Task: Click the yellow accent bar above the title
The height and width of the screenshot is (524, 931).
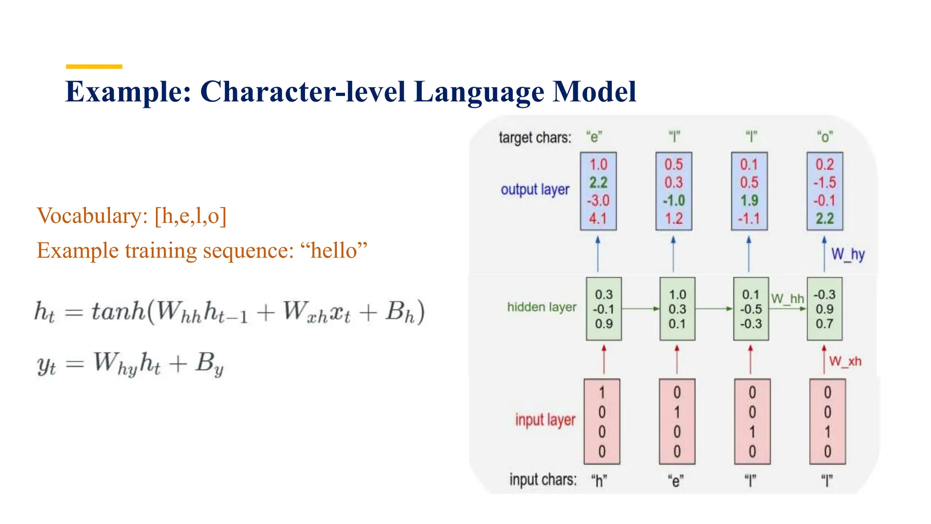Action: pyautogui.click(x=94, y=67)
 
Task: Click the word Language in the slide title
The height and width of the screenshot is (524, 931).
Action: pyautogui.click(x=479, y=92)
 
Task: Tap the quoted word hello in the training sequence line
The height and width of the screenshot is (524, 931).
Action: pyautogui.click(x=334, y=251)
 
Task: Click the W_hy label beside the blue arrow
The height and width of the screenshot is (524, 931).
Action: pyautogui.click(x=848, y=254)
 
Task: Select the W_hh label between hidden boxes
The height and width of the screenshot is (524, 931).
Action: pyautogui.click(x=787, y=299)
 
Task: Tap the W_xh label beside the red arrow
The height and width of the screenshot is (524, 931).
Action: pyautogui.click(x=845, y=362)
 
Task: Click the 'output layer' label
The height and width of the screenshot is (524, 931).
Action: pyautogui.click(x=535, y=190)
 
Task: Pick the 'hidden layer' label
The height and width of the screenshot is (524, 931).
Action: pyautogui.click(x=541, y=307)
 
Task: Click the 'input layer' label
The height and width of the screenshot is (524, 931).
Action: pyautogui.click(x=545, y=420)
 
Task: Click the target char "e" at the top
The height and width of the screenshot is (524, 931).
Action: pyautogui.click(x=594, y=136)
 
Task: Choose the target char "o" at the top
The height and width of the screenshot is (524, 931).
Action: pyautogui.click(x=825, y=136)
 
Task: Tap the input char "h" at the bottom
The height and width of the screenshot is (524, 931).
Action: pyautogui.click(x=599, y=480)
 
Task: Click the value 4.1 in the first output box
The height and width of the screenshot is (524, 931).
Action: pyautogui.click(x=598, y=219)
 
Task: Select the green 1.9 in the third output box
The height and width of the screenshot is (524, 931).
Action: pyautogui.click(x=749, y=201)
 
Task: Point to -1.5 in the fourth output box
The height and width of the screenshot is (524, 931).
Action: pyautogui.click(x=825, y=182)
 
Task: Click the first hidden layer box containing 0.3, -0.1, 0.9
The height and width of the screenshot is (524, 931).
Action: pyautogui.click(x=604, y=309)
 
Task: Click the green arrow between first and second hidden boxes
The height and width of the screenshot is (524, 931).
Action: pyautogui.click(x=640, y=309)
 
